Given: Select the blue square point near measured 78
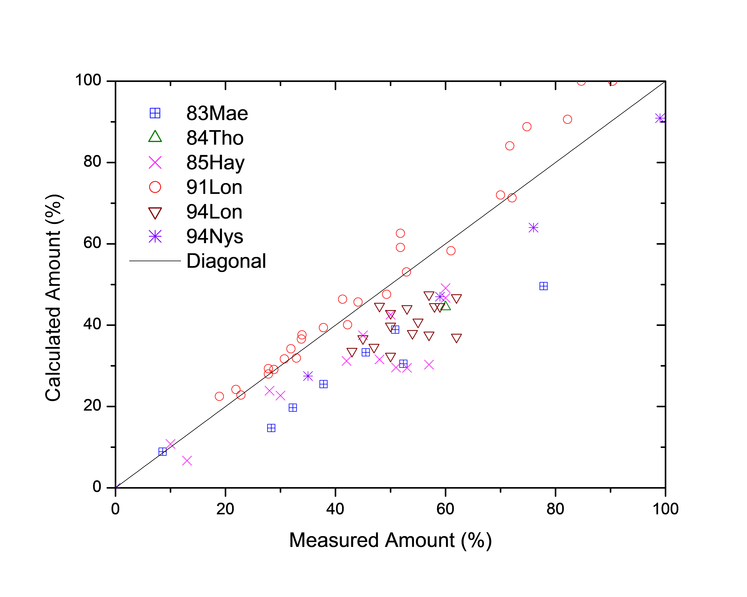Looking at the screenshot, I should point(543,286).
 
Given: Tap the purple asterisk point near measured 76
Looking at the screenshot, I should point(533,228).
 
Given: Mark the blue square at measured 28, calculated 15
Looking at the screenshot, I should point(271,428).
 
